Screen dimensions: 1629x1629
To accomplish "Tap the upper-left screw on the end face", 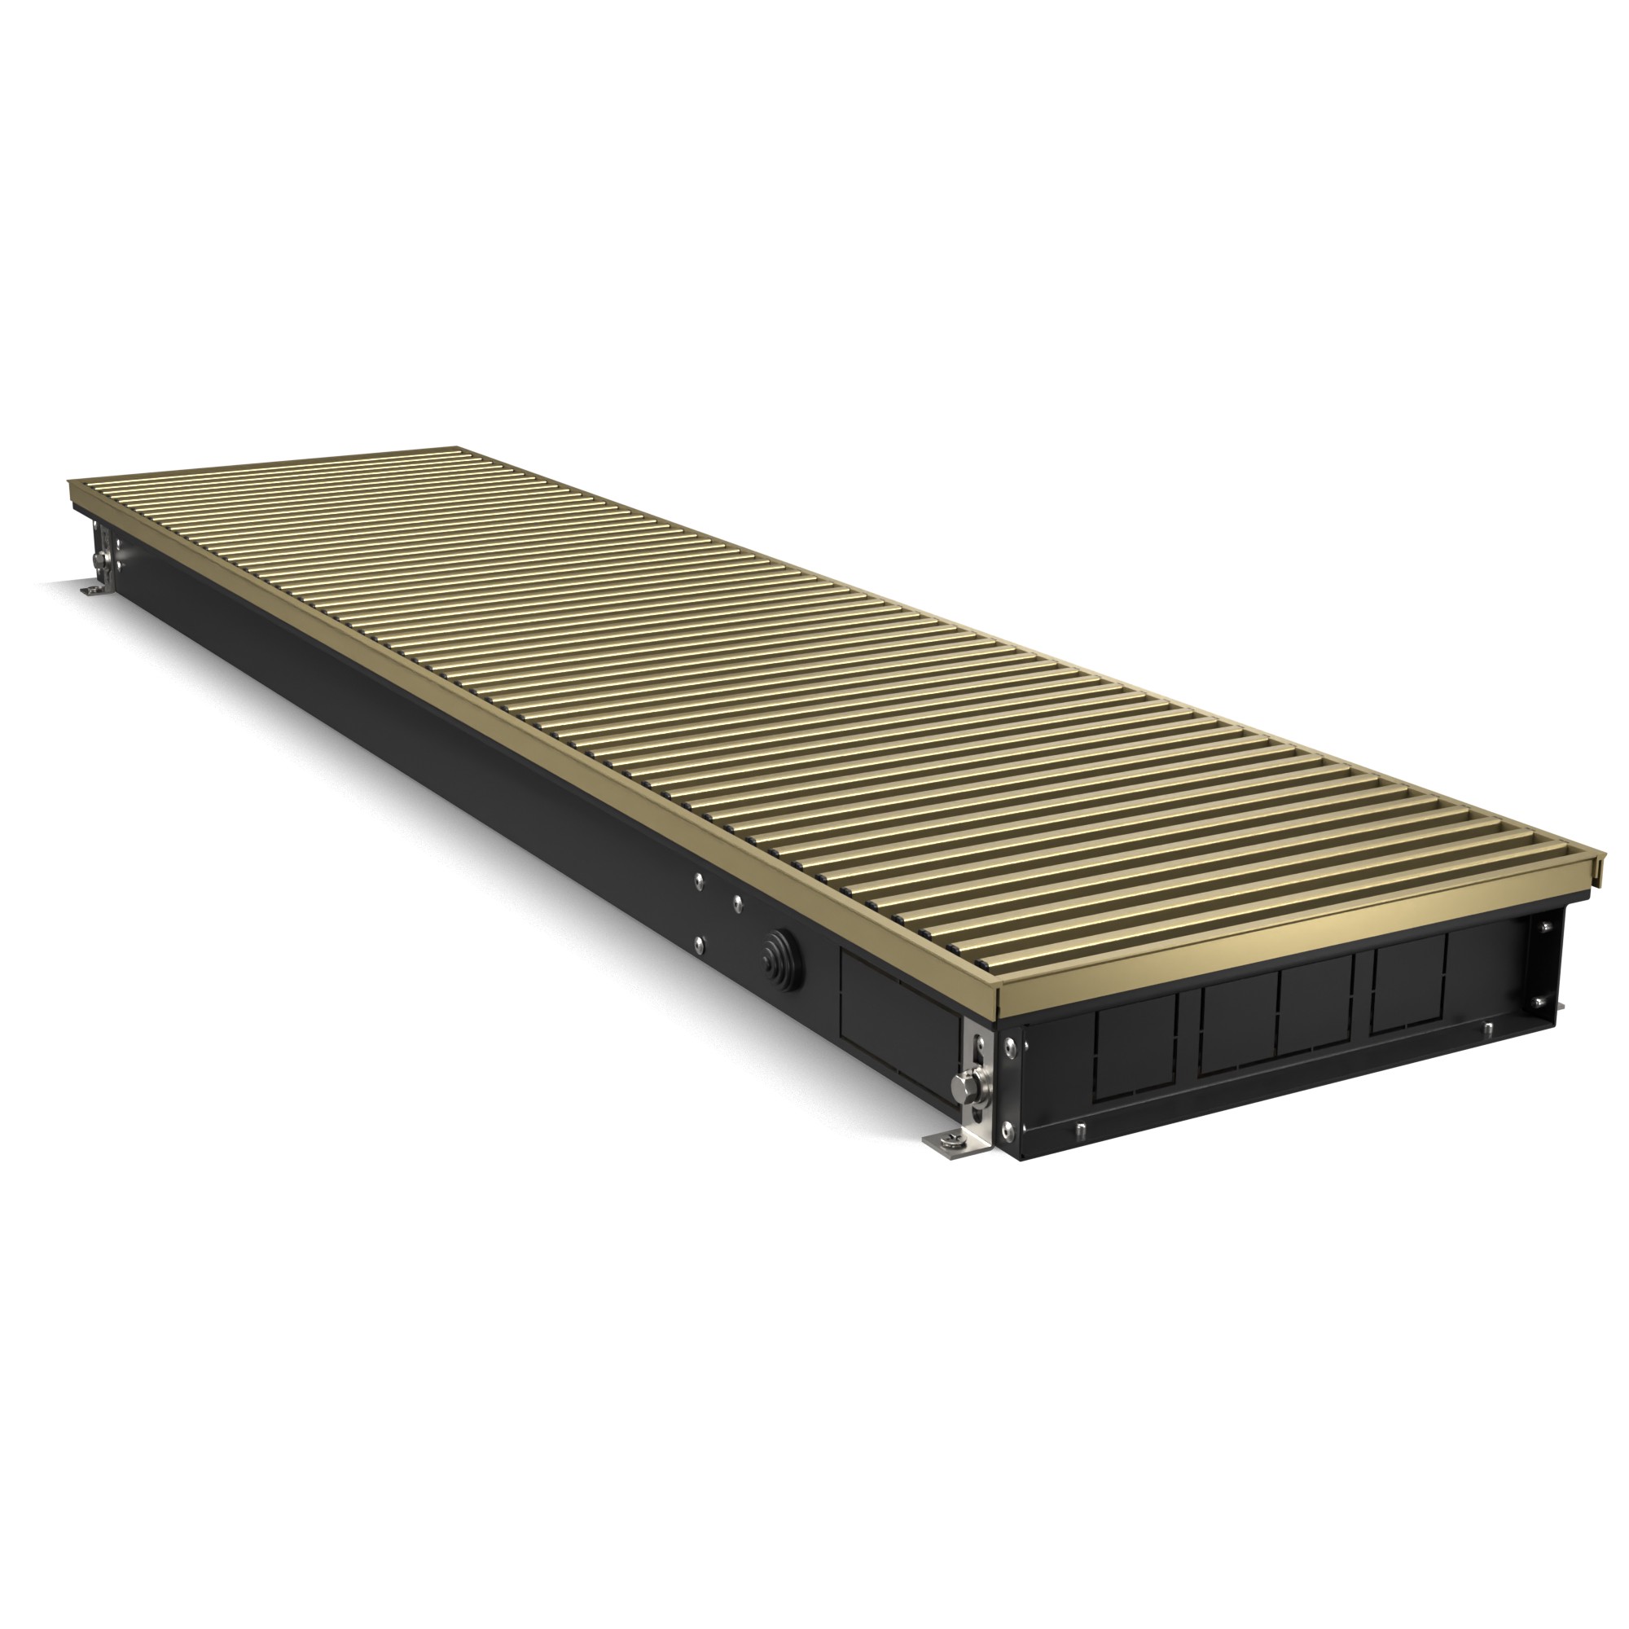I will (x=1009, y=1047).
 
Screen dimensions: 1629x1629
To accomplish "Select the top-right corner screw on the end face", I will (x=1544, y=927).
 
